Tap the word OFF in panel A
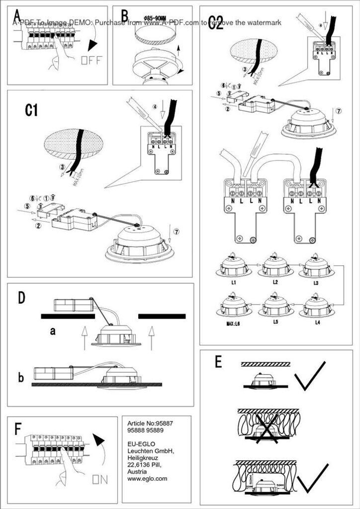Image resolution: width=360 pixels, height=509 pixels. [x=91, y=61]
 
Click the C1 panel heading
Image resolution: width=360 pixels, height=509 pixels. [x=31, y=110]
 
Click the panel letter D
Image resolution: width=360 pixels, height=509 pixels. [x=21, y=298]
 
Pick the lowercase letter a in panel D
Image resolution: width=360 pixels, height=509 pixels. [x=52, y=331]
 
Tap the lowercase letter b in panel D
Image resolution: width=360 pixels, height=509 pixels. [x=21, y=378]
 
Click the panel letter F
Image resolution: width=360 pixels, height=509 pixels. [x=18, y=428]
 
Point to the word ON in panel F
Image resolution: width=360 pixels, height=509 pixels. [x=99, y=480]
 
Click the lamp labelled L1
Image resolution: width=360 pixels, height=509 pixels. [x=234, y=267]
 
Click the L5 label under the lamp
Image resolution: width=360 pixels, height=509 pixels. [x=275, y=322]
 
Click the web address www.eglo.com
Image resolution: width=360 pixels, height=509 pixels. [x=147, y=479]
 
